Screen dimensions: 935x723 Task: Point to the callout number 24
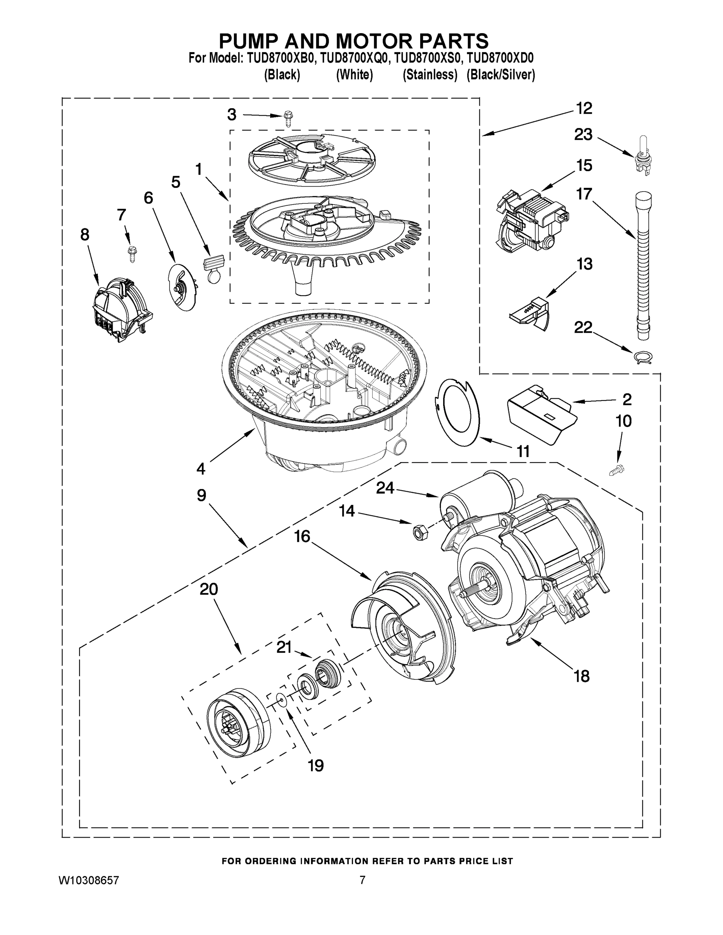(385, 488)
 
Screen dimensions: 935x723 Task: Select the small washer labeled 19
(281, 700)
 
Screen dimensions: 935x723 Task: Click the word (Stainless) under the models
(430, 75)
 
